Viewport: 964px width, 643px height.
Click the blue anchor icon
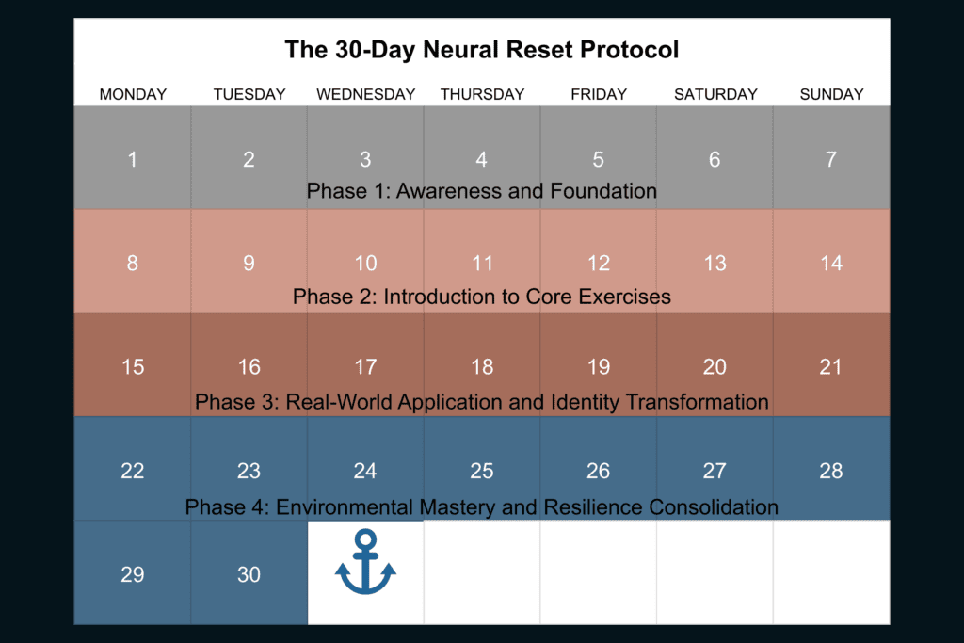point(365,562)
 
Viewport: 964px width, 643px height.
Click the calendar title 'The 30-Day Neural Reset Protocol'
point(481,50)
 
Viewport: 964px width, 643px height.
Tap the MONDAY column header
point(133,94)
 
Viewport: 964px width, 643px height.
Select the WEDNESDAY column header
point(366,94)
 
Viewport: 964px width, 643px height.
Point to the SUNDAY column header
point(831,94)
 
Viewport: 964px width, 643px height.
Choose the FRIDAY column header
point(598,94)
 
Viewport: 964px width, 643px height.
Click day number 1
point(132,159)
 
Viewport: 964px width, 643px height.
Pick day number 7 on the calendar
point(830,159)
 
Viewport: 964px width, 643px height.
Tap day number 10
point(365,263)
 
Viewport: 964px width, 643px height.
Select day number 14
point(831,263)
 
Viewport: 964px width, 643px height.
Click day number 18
point(482,367)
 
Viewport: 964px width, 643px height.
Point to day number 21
point(830,367)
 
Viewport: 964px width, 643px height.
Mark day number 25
point(481,471)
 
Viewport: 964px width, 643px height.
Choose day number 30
point(249,574)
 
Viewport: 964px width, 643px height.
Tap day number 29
point(132,574)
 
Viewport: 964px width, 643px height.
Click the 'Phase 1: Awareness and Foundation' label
point(481,191)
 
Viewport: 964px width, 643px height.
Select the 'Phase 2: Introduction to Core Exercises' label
point(481,297)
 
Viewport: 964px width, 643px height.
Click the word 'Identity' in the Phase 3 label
point(585,402)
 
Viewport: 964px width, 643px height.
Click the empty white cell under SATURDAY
point(715,573)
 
